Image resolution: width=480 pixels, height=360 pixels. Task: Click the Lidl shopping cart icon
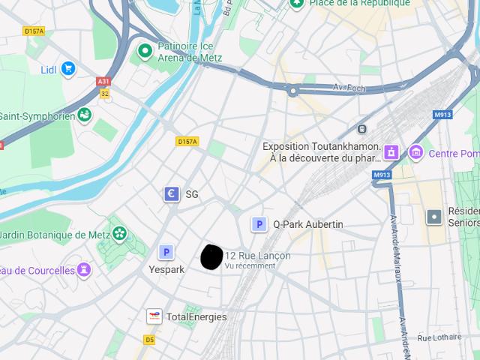click(68, 69)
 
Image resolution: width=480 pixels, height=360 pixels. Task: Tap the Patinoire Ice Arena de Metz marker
click(145, 52)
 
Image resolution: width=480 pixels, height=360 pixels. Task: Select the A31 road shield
click(103, 82)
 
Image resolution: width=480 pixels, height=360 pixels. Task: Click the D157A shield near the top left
click(34, 31)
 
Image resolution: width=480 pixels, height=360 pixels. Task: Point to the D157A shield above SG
click(187, 141)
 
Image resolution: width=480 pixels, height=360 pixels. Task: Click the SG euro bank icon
click(172, 194)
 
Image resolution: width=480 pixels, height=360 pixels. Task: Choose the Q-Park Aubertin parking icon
click(259, 224)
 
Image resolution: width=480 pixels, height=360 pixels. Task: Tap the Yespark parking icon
click(166, 253)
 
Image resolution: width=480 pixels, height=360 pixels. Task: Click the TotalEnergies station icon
click(154, 316)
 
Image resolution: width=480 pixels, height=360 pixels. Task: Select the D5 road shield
click(149, 340)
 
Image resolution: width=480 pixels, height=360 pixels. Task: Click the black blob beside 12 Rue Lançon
click(211, 256)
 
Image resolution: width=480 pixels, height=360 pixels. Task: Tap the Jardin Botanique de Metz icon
click(118, 233)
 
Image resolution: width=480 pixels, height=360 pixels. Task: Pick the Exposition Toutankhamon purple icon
click(390, 152)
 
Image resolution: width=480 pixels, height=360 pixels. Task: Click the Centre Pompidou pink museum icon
click(415, 153)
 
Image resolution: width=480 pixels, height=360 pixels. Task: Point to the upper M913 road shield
click(442, 115)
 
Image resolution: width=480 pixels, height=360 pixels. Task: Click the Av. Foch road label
click(349, 88)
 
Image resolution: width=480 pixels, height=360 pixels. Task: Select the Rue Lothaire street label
click(439, 337)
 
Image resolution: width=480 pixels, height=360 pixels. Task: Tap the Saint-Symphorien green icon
click(85, 115)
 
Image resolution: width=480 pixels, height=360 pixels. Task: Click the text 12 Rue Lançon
click(257, 256)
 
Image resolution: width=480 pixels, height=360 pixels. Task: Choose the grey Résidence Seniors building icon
click(433, 217)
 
